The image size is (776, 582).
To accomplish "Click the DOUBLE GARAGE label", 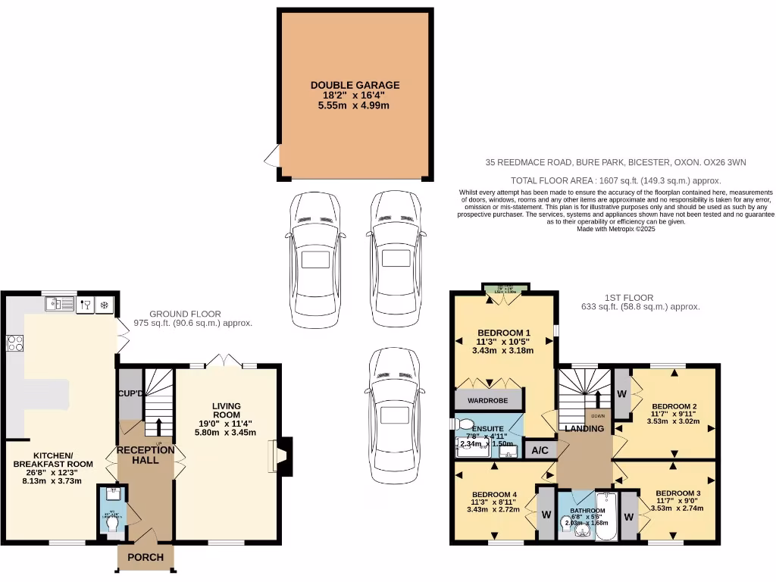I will [355, 86].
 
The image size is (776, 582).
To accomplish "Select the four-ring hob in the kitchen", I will [14, 344].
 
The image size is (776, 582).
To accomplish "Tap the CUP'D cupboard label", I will [130, 394].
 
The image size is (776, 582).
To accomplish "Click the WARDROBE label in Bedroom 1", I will [488, 399].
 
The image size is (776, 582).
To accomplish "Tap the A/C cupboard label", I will [540, 449].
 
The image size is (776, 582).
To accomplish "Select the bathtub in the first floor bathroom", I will [607, 517].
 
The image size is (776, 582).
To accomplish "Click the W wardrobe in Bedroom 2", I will [621, 394].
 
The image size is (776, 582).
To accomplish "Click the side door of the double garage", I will [271, 156].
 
